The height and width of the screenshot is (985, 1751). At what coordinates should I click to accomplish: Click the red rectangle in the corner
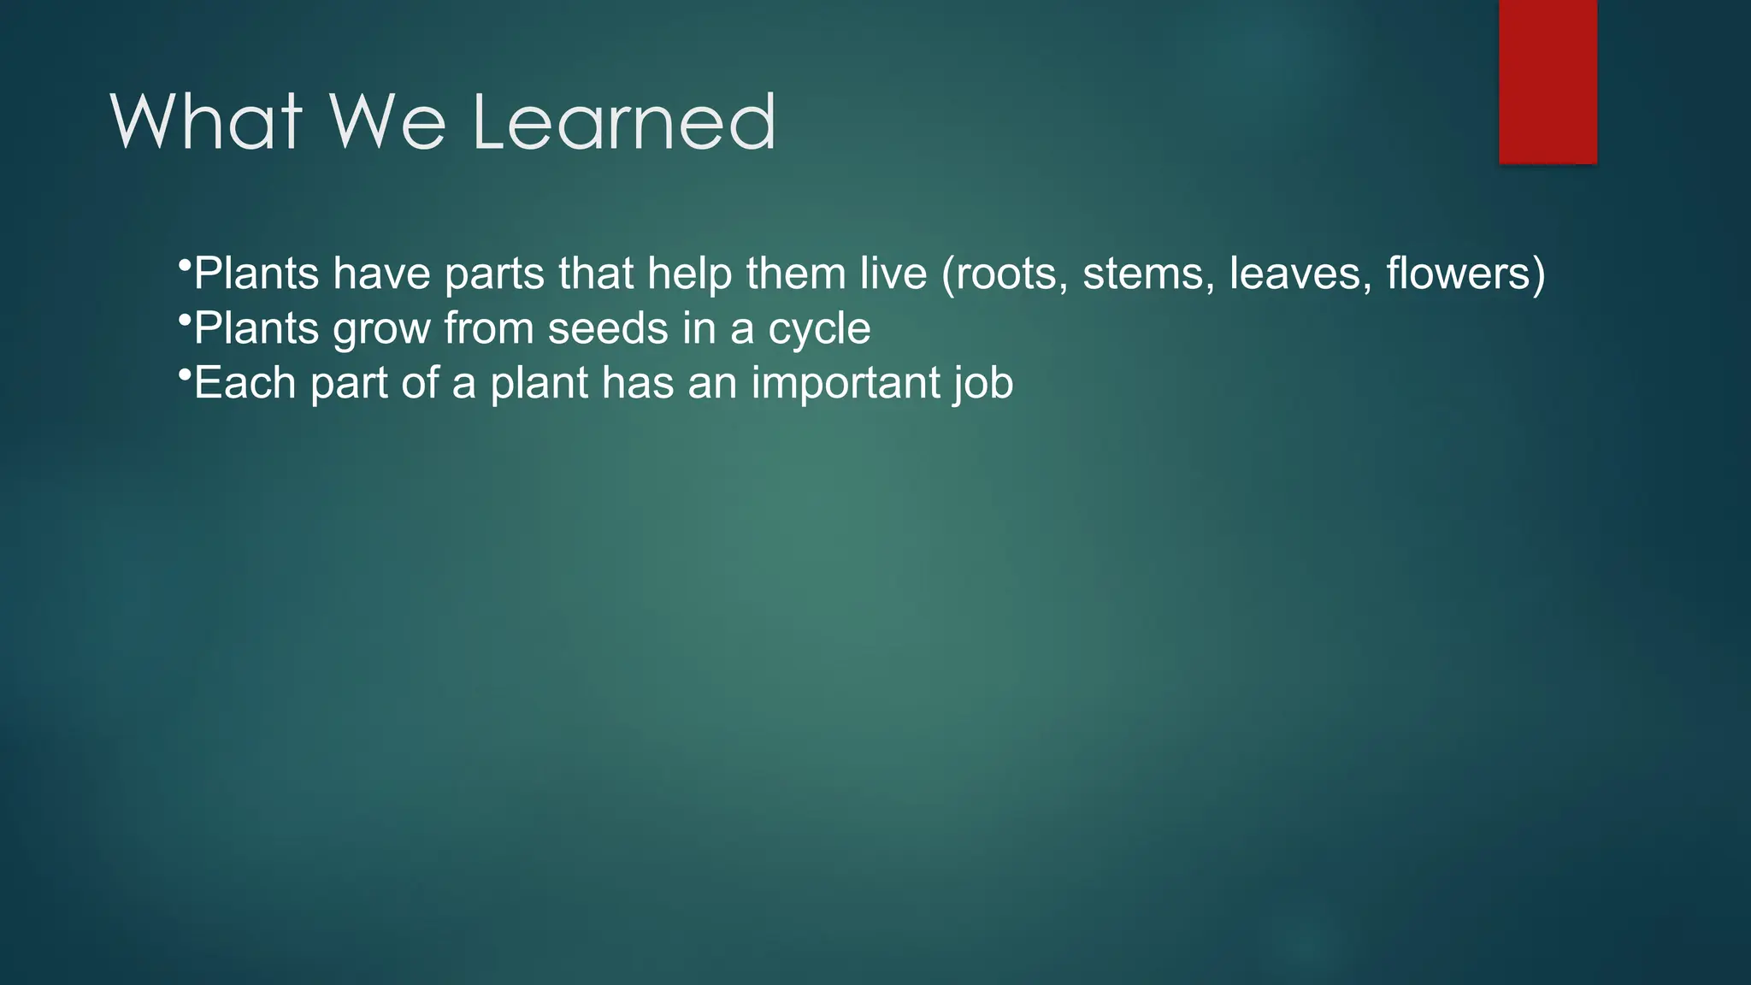click(1548, 81)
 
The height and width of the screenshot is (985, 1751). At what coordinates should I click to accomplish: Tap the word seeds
click(608, 328)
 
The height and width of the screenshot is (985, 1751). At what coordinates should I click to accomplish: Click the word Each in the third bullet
click(245, 383)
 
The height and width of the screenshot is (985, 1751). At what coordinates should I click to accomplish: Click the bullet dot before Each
click(183, 374)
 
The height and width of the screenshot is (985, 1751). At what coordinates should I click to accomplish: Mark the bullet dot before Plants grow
click(183, 319)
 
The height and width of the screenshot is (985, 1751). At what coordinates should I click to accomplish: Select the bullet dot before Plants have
click(183, 264)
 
